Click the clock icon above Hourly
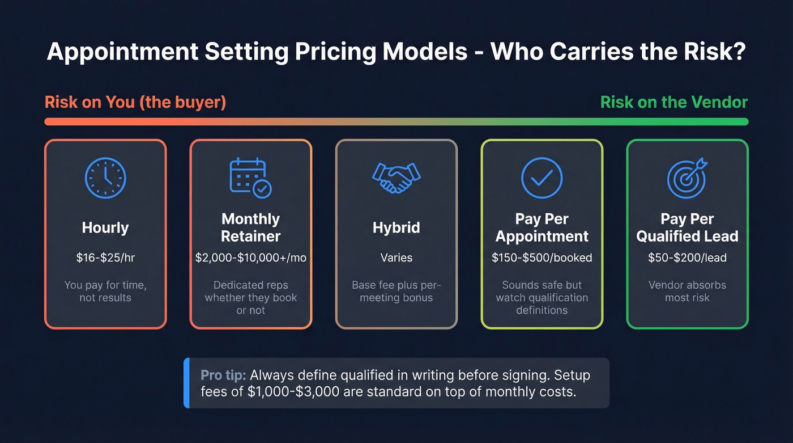pos(105,178)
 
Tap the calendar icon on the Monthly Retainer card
pos(250,178)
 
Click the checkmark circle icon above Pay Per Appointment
pos(542,178)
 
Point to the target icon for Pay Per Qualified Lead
pos(687,178)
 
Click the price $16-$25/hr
pos(105,258)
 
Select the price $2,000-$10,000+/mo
pos(250,258)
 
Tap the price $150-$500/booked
pos(542,258)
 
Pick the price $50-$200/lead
pos(687,258)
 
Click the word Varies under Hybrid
pos(396,258)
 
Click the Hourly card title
pos(105,227)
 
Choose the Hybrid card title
pos(396,227)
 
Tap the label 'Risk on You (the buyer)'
pos(135,102)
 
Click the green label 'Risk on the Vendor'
pos(673,102)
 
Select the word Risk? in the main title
pos(714,52)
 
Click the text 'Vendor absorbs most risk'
pos(687,291)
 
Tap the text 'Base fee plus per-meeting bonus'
pos(396,291)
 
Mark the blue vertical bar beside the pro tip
pos(186,383)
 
